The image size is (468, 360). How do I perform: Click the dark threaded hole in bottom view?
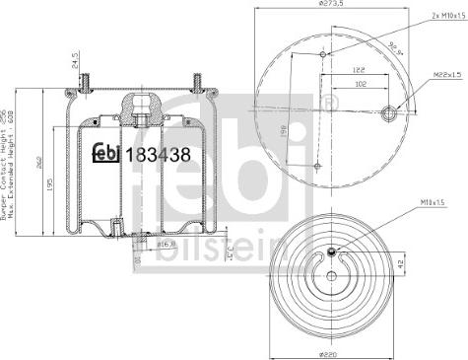[x=333, y=252]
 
